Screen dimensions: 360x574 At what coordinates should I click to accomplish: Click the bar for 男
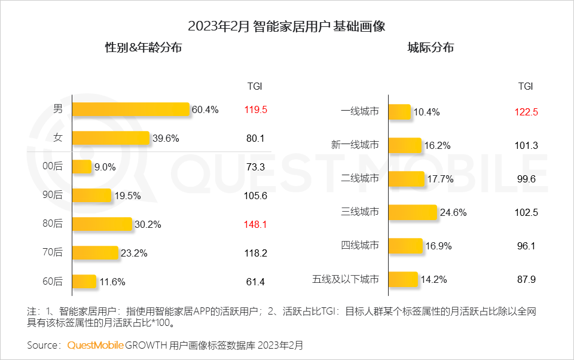pyautogui.click(x=130, y=109)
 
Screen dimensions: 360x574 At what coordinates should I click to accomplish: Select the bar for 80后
pyautogui.click(x=102, y=224)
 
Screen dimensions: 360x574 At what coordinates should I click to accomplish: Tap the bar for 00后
pyautogui.click(x=82, y=167)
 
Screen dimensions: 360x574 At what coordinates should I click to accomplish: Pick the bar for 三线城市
pyautogui.click(x=413, y=212)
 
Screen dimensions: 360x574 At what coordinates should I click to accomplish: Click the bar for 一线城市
pyautogui.click(x=399, y=112)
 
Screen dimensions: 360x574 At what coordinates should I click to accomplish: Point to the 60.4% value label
pyautogui.click(x=205, y=109)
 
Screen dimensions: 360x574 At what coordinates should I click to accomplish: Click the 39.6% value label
pyautogui.click(x=165, y=138)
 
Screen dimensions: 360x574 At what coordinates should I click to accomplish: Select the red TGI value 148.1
pyautogui.click(x=255, y=224)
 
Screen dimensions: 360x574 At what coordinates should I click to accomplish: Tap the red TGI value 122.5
pyautogui.click(x=526, y=112)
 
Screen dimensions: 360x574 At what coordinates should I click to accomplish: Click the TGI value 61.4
pyautogui.click(x=255, y=282)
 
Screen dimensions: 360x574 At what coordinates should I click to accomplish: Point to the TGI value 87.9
pyautogui.click(x=526, y=279)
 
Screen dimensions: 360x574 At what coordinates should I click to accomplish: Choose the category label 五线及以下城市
pyautogui.click(x=346, y=279)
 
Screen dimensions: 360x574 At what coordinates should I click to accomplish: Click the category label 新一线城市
pyautogui.click(x=355, y=145)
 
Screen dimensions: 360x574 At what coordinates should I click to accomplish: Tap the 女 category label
pyautogui.click(x=57, y=138)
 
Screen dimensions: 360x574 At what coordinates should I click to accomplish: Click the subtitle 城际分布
pyautogui.click(x=430, y=48)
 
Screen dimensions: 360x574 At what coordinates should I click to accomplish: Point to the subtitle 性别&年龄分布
pyautogui.click(x=143, y=48)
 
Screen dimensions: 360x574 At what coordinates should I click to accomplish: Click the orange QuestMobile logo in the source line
pyautogui.click(x=96, y=345)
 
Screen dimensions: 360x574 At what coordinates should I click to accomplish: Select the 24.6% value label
pyautogui.click(x=453, y=212)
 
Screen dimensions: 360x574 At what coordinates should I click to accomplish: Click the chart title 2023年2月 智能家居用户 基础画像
pyautogui.click(x=286, y=26)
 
